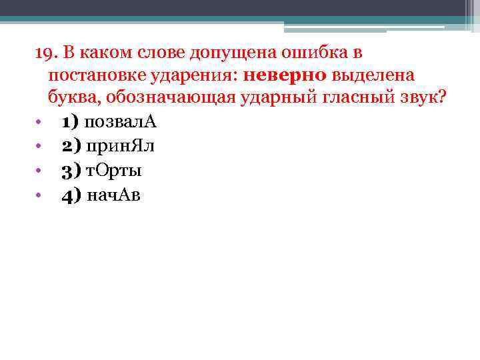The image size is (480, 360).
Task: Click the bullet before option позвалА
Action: (39, 123)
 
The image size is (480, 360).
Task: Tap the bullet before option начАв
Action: (39, 195)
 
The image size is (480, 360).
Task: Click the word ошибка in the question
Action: (303, 52)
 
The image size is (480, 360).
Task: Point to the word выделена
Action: (363, 75)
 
